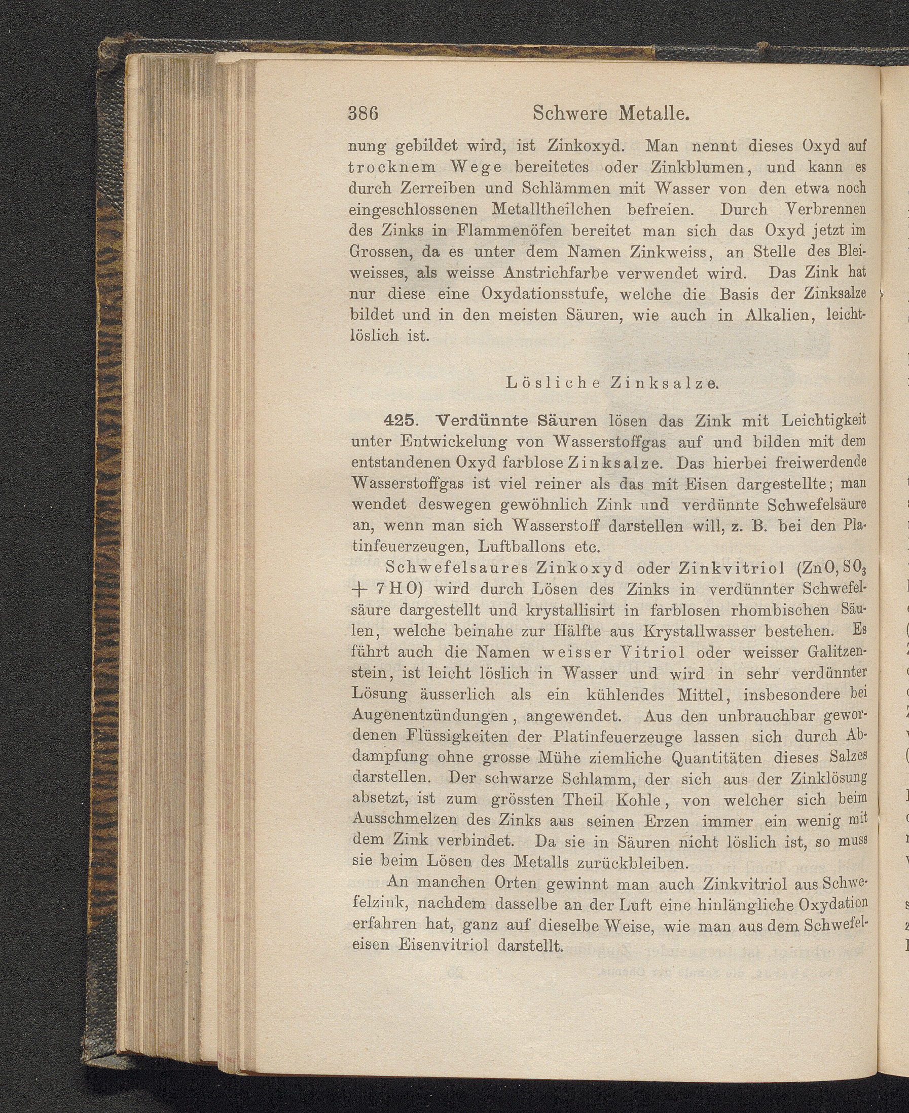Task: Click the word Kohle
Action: pyautogui.click(x=640, y=800)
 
